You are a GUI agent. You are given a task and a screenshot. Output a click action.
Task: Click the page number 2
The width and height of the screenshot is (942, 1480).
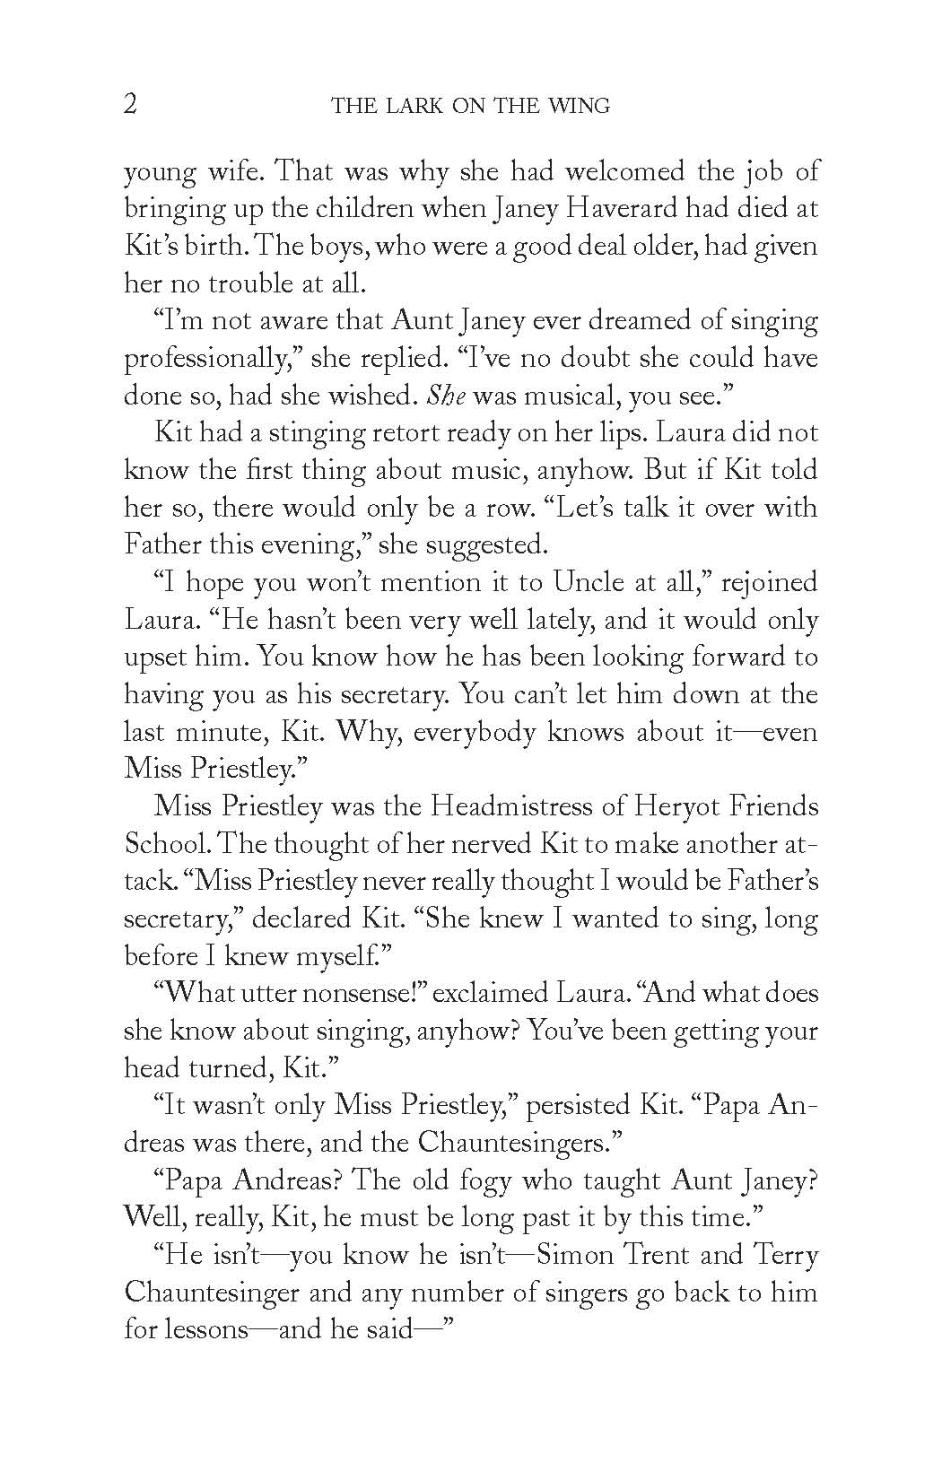pos(130,105)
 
